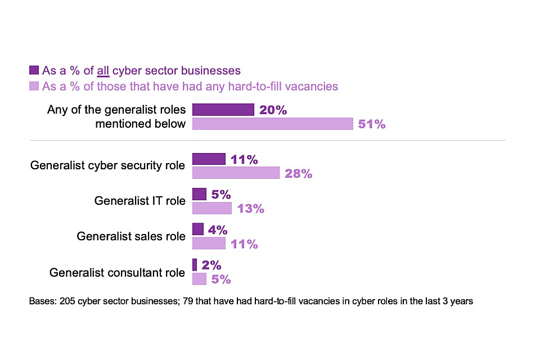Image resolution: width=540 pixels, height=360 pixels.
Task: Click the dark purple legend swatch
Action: [34, 70]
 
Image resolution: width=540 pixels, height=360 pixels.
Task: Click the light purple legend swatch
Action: [34, 86]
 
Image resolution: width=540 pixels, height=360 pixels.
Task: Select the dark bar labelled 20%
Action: [223, 110]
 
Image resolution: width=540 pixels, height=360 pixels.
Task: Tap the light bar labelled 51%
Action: [273, 124]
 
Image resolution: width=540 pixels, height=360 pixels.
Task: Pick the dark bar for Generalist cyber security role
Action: [209, 159]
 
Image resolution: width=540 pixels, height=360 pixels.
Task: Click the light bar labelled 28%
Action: [236, 173]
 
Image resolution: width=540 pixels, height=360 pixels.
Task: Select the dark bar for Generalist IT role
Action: [199, 194]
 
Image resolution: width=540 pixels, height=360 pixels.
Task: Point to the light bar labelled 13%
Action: [211, 208]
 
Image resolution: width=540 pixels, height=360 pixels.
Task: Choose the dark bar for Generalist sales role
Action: [197, 229]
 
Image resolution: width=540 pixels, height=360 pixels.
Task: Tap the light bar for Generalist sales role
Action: [209, 244]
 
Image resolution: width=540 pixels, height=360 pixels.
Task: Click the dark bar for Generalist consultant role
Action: [195, 265]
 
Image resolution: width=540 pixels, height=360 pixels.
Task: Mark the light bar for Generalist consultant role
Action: [199, 279]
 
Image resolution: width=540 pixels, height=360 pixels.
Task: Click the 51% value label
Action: [372, 124]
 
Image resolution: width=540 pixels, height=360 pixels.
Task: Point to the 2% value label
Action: [211, 265]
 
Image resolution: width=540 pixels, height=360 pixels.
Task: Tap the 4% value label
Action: [217, 230]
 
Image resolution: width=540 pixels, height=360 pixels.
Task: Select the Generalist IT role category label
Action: [139, 201]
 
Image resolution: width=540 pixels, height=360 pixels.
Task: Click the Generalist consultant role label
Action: [117, 273]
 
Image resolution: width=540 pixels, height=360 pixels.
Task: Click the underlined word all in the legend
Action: [102, 71]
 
